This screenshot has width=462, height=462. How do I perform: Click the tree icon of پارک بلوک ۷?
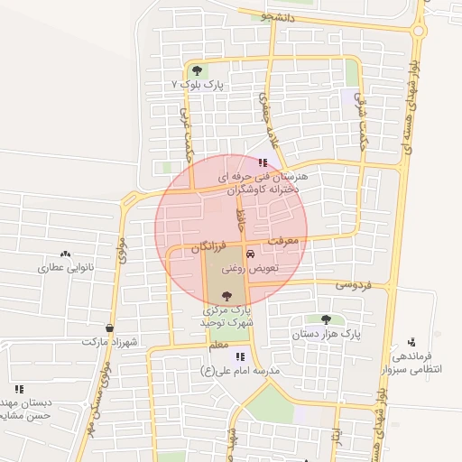point(198,70)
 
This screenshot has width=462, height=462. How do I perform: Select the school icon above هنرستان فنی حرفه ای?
point(263,163)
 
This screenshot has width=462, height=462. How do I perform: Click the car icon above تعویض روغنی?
point(250,256)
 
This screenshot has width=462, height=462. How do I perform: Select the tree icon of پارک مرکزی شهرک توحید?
point(225,295)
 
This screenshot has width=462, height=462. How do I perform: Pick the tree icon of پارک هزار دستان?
point(326,319)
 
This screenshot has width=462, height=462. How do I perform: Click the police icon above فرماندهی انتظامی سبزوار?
point(411,342)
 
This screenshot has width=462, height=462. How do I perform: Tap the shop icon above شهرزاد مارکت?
point(110,328)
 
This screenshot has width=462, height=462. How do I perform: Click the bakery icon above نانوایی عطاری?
point(64,254)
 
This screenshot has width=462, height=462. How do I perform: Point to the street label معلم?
point(218,344)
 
